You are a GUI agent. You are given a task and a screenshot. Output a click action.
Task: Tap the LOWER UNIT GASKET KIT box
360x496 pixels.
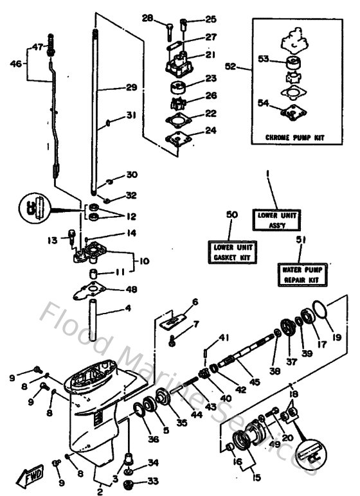(x=230, y=252)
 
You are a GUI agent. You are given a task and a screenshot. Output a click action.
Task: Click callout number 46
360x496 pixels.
(x=15, y=63)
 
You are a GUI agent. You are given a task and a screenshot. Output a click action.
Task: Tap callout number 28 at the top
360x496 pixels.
(x=148, y=19)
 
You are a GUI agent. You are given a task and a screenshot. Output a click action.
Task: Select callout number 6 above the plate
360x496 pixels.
(x=195, y=301)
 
